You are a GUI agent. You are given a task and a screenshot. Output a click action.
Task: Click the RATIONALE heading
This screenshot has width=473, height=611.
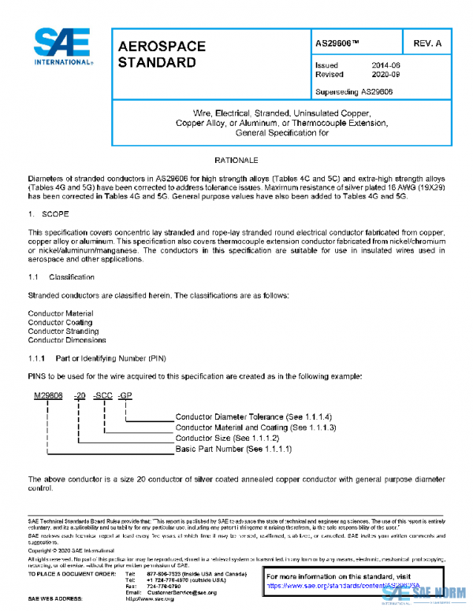point(236,160)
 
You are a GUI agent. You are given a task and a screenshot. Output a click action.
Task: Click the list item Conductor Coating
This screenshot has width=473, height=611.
point(61,322)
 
